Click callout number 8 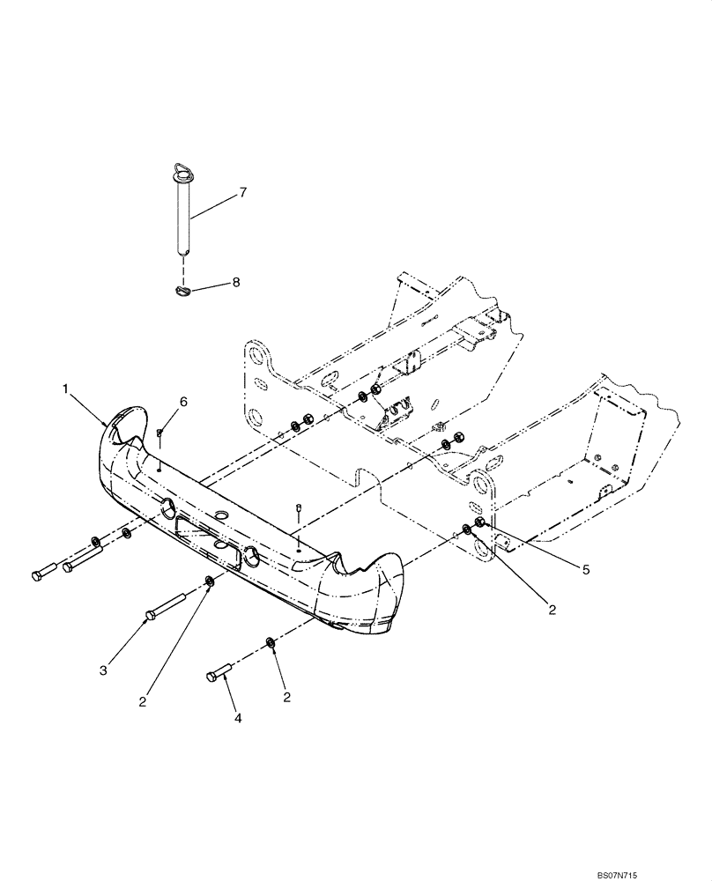point(236,283)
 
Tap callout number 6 point(183,402)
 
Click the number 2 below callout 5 point(552,609)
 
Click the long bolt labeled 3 point(164,606)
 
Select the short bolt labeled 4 point(219,675)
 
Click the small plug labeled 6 point(159,432)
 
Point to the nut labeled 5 point(479,526)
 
